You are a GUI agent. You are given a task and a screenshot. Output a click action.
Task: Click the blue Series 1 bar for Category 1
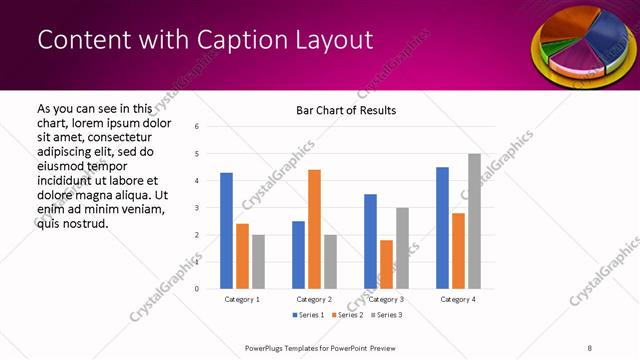tap(226, 231)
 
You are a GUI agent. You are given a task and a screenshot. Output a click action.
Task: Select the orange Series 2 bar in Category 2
tap(314, 229)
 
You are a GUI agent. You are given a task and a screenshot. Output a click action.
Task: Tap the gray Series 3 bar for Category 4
tap(474, 221)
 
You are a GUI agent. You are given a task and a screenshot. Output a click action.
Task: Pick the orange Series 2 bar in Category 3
tap(386, 264)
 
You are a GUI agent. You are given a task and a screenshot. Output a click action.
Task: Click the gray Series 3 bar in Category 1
tap(258, 262)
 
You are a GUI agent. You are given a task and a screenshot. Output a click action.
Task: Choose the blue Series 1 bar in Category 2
tap(298, 255)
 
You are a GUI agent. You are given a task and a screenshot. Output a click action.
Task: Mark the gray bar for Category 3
tap(402, 248)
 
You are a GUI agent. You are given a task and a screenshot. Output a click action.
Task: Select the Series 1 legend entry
tap(309, 315)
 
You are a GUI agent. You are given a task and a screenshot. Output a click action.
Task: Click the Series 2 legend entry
tap(347, 315)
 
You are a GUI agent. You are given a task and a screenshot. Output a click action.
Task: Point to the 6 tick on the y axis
tap(197, 127)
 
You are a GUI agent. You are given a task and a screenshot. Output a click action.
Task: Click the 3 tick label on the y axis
tap(197, 208)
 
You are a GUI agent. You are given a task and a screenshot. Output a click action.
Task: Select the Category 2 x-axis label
tap(314, 299)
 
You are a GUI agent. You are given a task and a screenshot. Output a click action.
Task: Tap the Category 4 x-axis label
tap(458, 299)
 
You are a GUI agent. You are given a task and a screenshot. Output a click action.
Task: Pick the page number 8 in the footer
tap(589, 348)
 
